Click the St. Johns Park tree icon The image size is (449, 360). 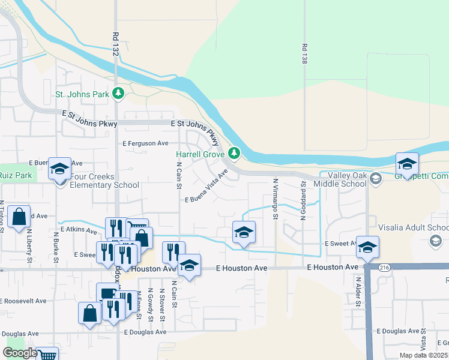(x=119, y=94)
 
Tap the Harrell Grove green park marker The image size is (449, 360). (x=235, y=154)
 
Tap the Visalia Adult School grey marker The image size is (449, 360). (x=436, y=241)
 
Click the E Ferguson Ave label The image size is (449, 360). (x=146, y=143)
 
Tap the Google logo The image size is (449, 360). (x=20, y=353)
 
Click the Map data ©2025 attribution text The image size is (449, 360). (x=423, y=355)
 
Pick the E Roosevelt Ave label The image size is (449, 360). (x=23, y=301)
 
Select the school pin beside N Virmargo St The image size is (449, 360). (x=244, y=233)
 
